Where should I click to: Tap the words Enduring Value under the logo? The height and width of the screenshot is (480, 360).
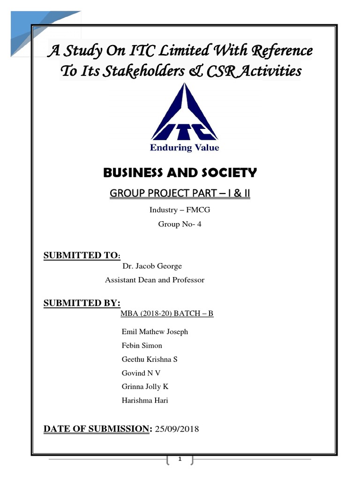pos(184,148)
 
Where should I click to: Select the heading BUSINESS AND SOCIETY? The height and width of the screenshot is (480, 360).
pos(180,173)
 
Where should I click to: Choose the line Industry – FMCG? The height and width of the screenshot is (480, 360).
pos(180,210)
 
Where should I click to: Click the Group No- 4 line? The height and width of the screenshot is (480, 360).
pos(180,224)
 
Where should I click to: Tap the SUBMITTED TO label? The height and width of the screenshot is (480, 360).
pos(82,255)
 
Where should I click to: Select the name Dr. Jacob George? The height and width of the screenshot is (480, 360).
pos(152,266)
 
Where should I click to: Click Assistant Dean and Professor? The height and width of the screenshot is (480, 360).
pos(155,280)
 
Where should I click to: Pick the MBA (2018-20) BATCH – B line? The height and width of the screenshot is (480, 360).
pos(167,313)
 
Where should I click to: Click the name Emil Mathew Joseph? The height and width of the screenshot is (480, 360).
pos(155,332)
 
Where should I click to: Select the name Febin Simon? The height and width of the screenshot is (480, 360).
pos(142,346)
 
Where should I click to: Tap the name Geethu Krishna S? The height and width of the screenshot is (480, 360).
pos(150,360)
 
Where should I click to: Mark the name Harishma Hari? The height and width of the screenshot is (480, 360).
pos(145,400)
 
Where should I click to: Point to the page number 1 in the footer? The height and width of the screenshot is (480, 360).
pos(180,459)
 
